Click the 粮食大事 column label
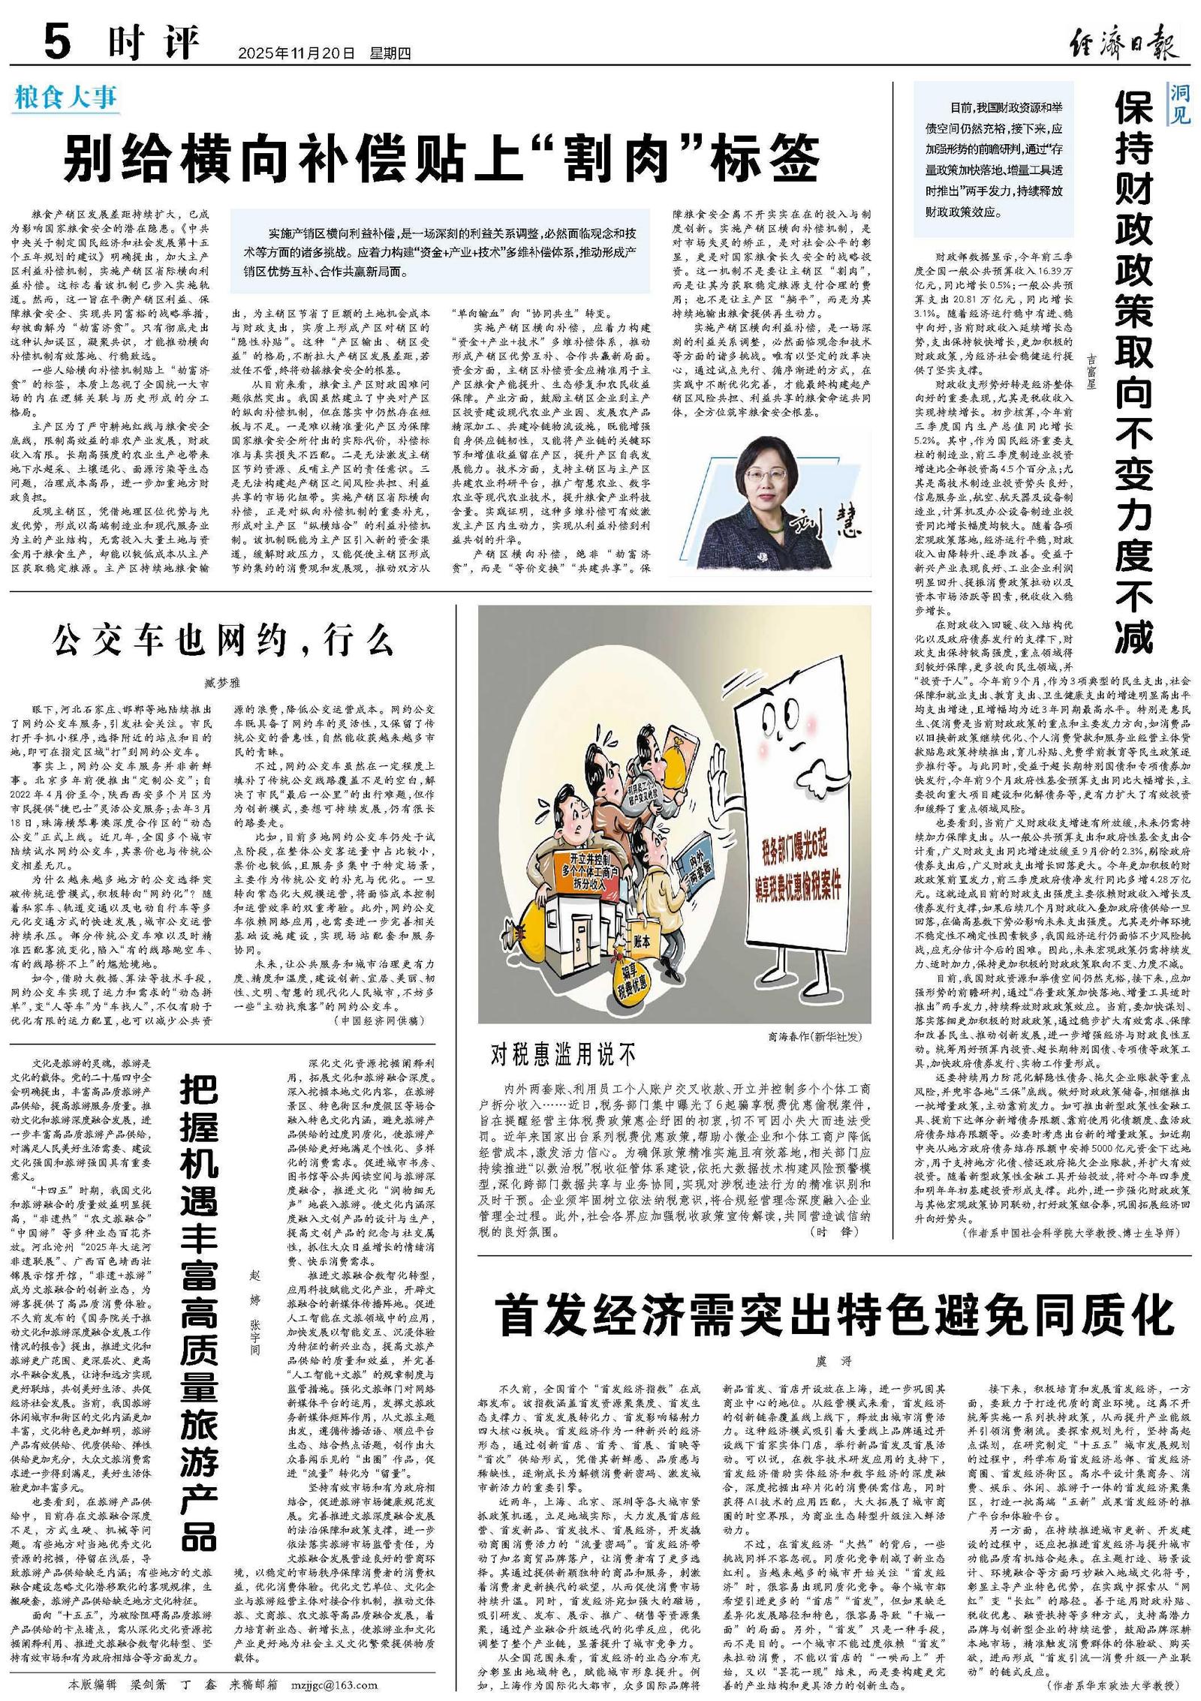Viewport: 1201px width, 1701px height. pos(65,99)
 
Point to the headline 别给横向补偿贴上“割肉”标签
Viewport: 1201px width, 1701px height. pos(441,157)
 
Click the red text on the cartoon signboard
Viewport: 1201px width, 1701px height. pos(801,867)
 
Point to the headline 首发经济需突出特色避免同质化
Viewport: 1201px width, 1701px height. pos(835,1315)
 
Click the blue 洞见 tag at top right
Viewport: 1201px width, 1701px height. pos(1179,104)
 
